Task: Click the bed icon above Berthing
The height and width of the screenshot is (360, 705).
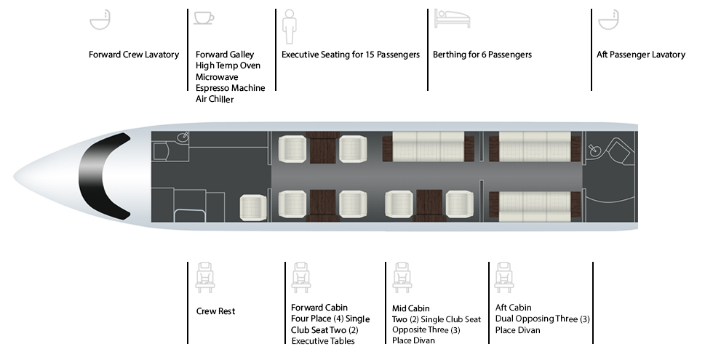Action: pos(452,19)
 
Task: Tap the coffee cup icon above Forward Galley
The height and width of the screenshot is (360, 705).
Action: pos(204,18)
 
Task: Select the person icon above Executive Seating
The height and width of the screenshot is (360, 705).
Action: pos(290,26)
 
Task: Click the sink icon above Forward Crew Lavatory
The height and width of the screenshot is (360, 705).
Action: pos(100,20)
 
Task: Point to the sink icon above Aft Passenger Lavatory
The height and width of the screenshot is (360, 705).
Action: pos(608,20)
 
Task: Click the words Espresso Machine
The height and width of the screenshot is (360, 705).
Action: pos(230,88)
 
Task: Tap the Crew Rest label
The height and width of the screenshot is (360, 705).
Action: pos(216,311)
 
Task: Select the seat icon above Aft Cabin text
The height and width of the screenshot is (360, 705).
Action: pos(504,278)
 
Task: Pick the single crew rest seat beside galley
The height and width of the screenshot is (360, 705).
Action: pos(253,208)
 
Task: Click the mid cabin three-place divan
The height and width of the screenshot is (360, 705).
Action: pos(428,146)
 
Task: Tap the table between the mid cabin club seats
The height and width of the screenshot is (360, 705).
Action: pos(429,204)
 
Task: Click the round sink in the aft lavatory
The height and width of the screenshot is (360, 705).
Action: pos(594,150)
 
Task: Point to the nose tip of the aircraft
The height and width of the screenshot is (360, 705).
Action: pos(14,176)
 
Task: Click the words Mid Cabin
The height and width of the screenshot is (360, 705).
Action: pos(410,308)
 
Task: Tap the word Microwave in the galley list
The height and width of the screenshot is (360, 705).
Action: pos(217,77)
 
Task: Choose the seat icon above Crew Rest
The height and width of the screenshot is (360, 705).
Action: pos(205,278)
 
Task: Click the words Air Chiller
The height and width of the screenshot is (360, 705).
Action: pos(215,99)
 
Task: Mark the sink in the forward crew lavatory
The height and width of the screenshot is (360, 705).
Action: pos(183,137)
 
